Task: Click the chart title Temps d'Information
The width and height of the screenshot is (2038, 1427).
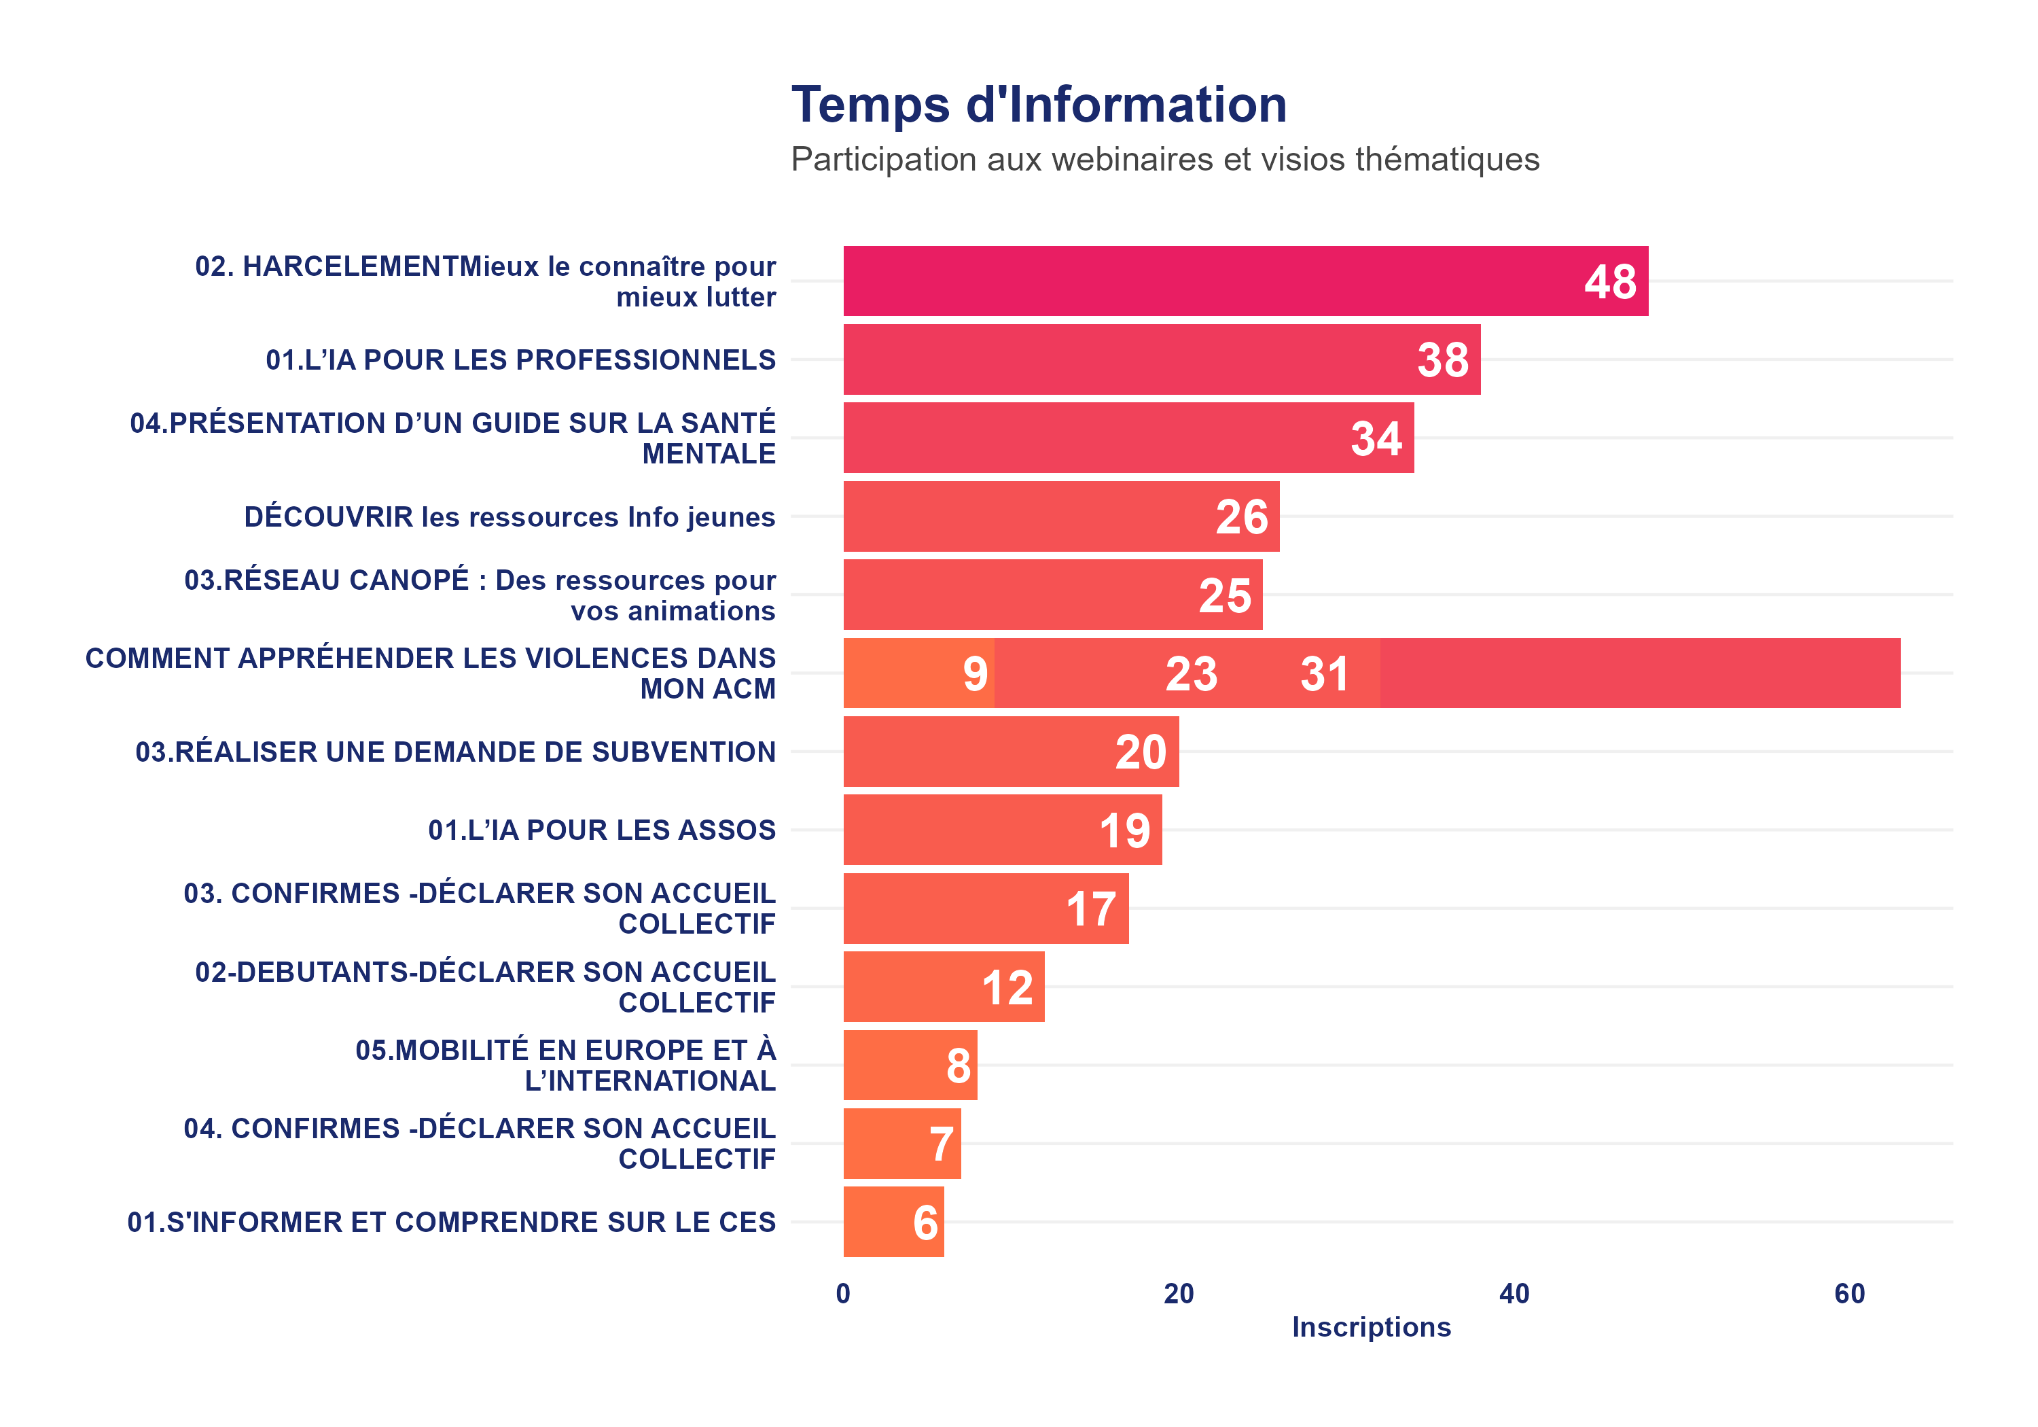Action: coord(1039,105)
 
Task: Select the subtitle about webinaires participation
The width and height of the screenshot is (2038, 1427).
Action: coord(1164,160)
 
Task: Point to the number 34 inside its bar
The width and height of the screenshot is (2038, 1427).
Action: coord(1375,439)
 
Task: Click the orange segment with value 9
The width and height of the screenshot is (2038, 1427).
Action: coord(918,673)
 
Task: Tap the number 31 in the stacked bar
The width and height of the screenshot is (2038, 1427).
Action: coord(1324,674)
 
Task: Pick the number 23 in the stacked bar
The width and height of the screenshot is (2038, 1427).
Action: coord(1190,674)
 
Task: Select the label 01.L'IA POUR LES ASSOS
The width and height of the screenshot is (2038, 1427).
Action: coord(601,830)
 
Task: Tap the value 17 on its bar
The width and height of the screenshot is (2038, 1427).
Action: coord(1091,909)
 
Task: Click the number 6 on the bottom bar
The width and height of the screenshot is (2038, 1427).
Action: coord(925,1222)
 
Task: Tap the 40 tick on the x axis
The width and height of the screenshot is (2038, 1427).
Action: coord(1514,1294)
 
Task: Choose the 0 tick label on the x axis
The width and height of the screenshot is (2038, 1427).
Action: coord(843,1294)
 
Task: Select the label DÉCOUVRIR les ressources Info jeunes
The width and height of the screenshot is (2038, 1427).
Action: coord(509,517)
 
